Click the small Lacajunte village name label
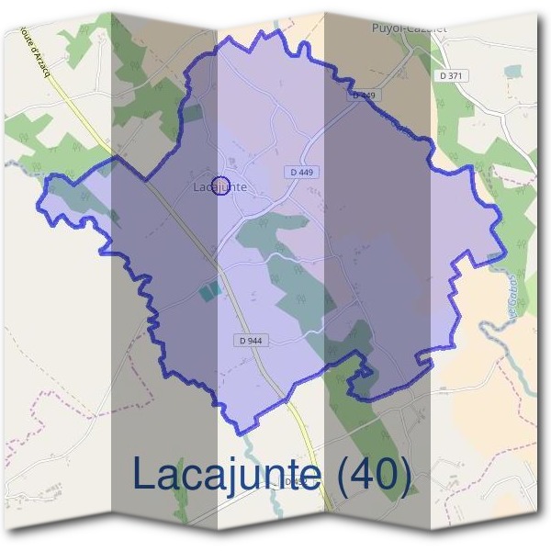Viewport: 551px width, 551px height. [220, 186]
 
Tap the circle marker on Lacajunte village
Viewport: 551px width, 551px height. [220, 186]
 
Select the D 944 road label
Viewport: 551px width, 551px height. [251, 340]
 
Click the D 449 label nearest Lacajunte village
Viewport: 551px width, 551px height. [300, 171]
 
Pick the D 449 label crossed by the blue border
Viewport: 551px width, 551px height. [365, 95]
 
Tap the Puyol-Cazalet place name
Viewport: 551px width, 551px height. [410, 28]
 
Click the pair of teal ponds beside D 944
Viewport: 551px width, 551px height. [210, 291]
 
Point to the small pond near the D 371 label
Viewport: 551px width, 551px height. [512, 70]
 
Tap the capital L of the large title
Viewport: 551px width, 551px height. [146, 475]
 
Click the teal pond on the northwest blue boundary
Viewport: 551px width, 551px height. [192, 113]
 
